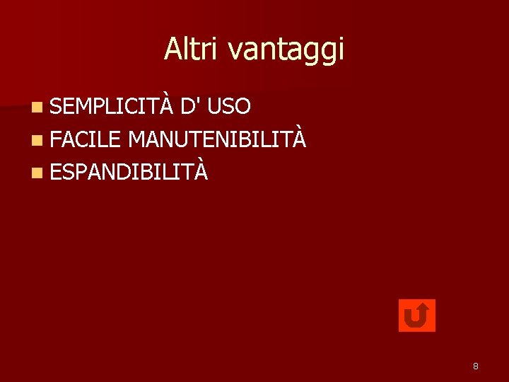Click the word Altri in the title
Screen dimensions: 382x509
point(189,49)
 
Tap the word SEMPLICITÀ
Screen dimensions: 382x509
point(111,107)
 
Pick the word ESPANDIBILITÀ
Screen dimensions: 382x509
point(129,171)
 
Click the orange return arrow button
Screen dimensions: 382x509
point(417,316)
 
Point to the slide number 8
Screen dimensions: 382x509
point(476,366)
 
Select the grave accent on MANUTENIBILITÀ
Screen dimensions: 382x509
point(300,127)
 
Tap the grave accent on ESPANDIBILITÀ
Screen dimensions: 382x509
point(201,160)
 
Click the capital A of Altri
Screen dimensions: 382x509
point(172,49)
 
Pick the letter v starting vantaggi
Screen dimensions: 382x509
point(235,52)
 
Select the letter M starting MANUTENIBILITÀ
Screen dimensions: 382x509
point(137,139)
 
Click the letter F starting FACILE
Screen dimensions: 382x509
point(55,139)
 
